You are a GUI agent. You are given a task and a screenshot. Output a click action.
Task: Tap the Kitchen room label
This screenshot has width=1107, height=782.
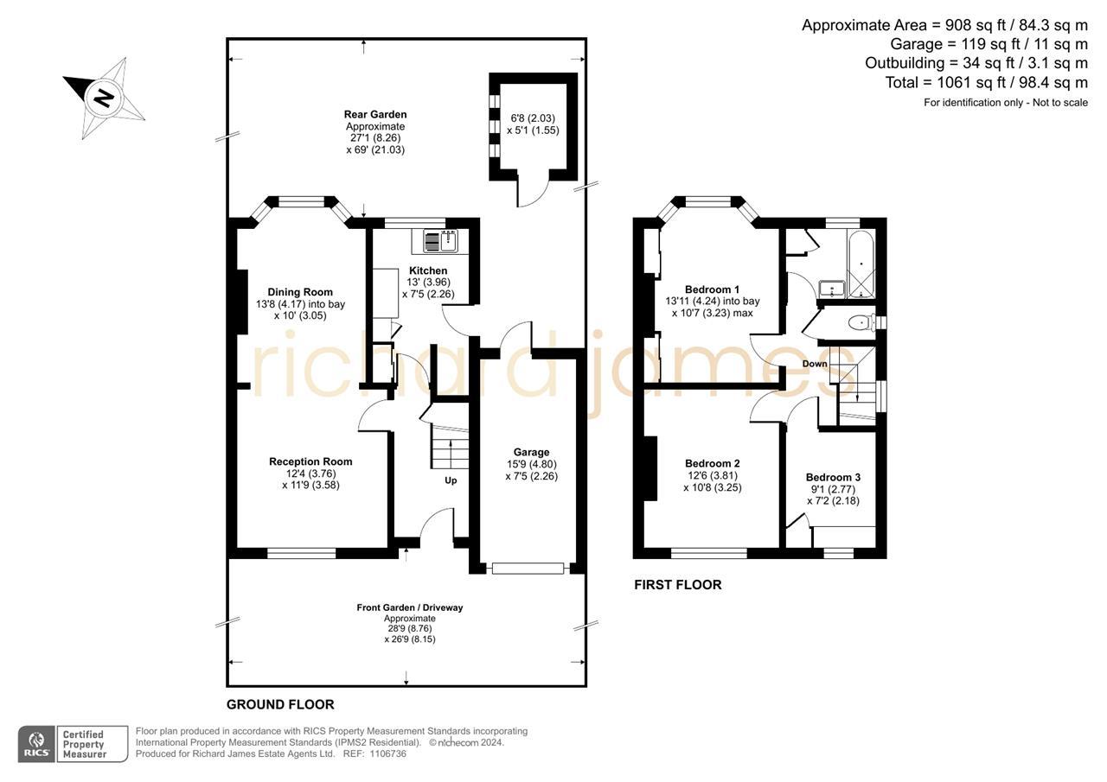428,270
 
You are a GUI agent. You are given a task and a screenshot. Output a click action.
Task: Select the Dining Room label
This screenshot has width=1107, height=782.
300,292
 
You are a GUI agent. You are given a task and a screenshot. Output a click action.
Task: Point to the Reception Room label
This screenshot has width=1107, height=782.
310,461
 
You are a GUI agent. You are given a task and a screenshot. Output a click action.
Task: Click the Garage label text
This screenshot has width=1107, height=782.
531,452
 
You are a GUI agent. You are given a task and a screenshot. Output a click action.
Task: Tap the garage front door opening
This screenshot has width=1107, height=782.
528,568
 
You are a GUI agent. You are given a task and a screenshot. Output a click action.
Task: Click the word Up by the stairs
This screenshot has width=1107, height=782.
451,480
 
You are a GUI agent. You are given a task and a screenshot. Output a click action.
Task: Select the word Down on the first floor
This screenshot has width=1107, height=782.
815,364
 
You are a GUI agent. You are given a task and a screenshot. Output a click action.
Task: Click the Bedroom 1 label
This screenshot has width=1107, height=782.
712,289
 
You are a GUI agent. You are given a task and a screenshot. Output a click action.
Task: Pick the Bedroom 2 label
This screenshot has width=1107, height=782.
712,463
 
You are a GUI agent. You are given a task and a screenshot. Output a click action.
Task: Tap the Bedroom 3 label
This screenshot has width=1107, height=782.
833,477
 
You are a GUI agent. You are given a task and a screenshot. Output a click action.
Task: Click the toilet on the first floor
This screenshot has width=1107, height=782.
859,323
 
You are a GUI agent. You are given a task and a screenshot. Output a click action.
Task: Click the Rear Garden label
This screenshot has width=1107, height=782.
375,114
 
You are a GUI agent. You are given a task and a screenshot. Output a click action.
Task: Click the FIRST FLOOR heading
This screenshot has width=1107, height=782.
677,585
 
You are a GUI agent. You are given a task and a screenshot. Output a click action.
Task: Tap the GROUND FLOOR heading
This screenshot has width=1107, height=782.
280,704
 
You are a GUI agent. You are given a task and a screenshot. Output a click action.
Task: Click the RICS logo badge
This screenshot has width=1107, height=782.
36,744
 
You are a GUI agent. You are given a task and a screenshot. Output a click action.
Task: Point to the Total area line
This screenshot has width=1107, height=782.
986,83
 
